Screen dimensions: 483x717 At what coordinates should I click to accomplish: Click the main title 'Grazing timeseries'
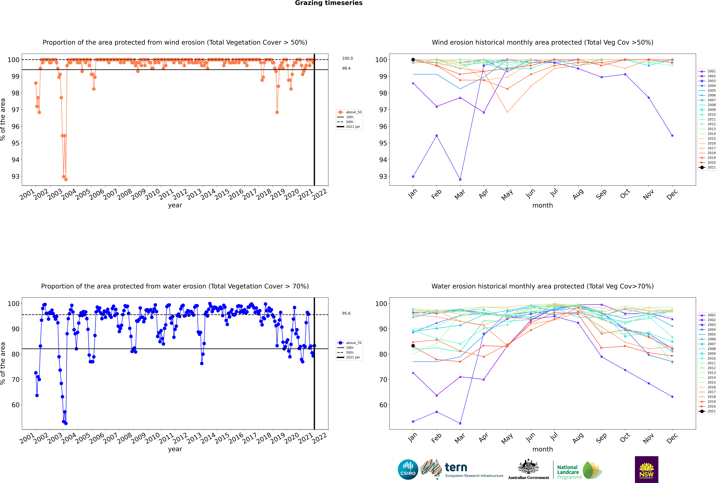click(x=329, y=3)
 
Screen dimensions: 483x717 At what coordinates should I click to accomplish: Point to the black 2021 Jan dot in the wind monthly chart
click(x=413, y=60)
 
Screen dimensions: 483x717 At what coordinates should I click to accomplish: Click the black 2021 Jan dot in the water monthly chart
click(x=413, y=346)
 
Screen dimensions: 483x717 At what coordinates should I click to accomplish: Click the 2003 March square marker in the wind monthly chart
click(x=460, y=179)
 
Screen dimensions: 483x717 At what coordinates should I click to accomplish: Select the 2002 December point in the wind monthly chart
click(x=672, y=136)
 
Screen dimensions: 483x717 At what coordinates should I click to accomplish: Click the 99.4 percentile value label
click(x=346, y=68)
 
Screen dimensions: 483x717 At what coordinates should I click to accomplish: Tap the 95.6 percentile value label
click(x=346, y=313)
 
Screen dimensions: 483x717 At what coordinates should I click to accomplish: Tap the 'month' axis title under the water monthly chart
click(x=543, y=449)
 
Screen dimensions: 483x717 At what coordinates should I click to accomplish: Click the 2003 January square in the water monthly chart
click(x=413, y=421)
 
